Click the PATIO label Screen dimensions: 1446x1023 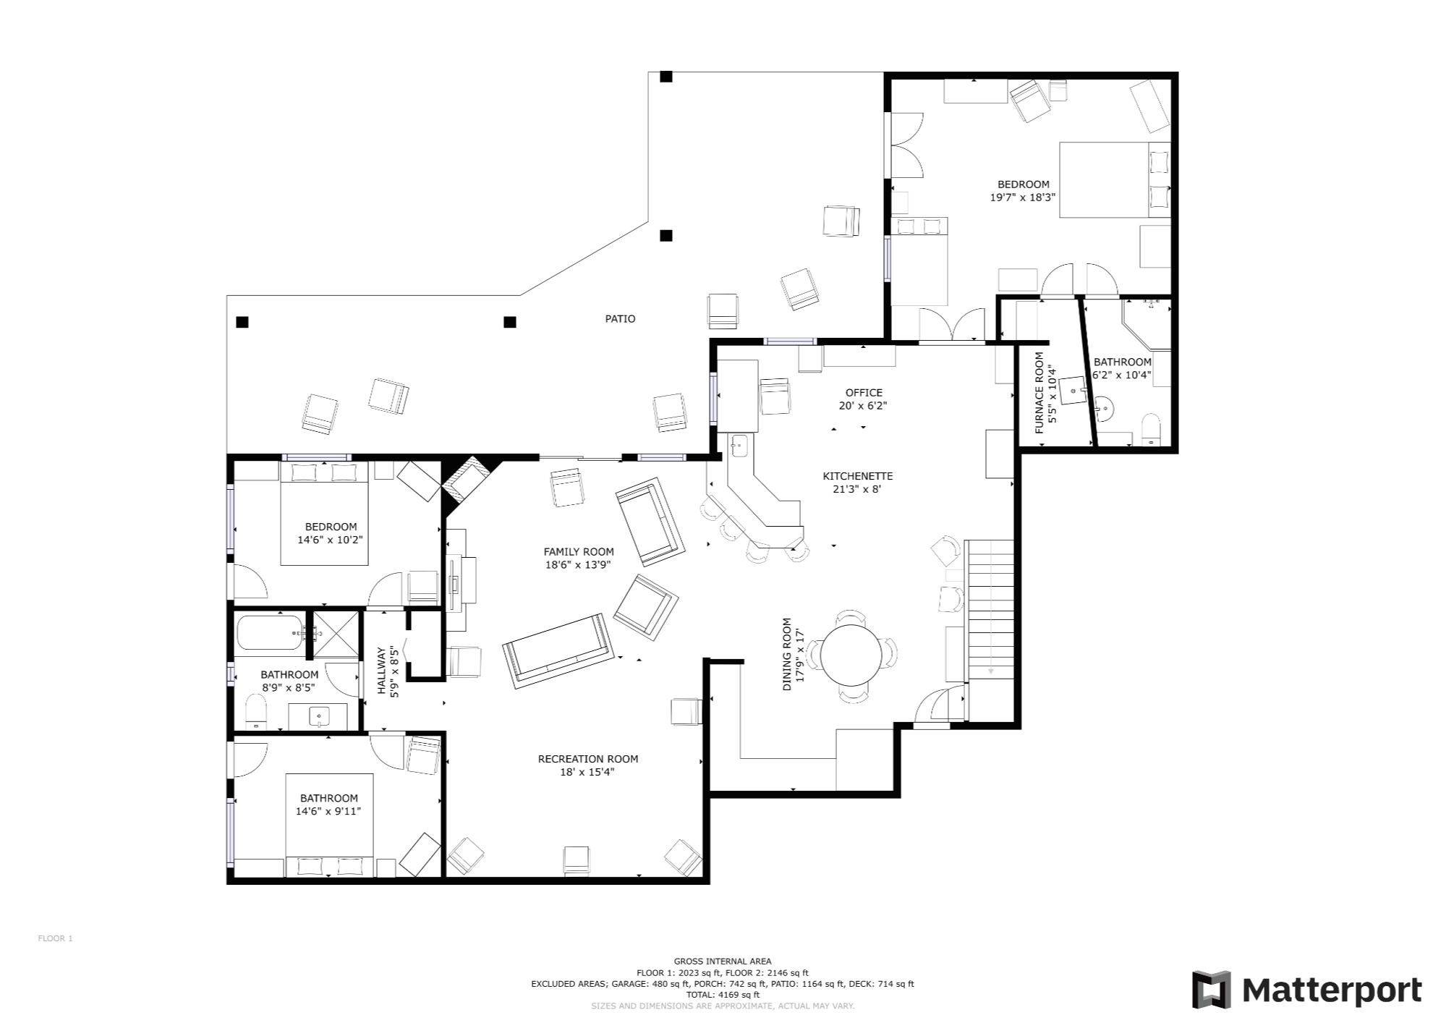[x=620, y=318]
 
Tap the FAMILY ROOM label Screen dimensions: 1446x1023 [x=579, y=552]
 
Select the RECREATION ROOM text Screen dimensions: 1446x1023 [x=588, y=759]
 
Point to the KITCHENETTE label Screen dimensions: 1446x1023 [x=858, y=476]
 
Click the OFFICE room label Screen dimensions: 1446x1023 [x=864, y=393]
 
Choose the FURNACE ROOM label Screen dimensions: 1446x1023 [x=1039, y=393]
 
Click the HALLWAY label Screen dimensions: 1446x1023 [x=382, y=671]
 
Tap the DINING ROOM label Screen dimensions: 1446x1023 [x=787, y=654]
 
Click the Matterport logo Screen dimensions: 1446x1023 [x=1307, y=990]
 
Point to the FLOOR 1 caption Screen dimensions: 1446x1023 [x=55, y=938]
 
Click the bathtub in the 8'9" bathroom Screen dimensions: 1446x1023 [x=270, y=632]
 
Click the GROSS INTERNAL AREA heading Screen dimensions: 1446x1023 [x=723, y=962]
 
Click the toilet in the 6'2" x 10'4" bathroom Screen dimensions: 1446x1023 [x=1150, y=430]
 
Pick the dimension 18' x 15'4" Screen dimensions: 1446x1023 [x=588, y=772]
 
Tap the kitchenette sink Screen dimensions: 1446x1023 [x=739, y=446]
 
